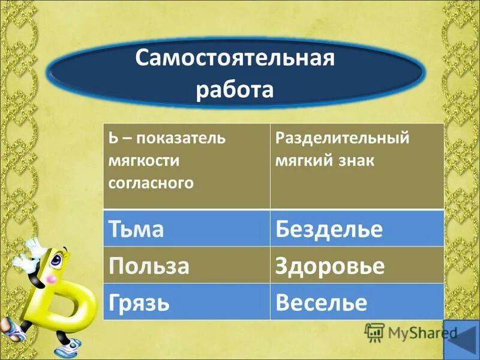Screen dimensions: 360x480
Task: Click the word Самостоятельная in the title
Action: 233,60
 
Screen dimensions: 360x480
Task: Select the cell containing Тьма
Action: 187,229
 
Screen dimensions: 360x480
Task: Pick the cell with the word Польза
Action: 187,265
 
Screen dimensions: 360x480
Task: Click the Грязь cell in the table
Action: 187,302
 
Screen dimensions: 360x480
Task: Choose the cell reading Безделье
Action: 357,229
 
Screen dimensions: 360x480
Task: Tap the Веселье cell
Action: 357,302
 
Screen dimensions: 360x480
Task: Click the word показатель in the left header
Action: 181,139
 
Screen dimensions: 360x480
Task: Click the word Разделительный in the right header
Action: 342,139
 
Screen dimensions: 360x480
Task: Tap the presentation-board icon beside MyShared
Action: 374,332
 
